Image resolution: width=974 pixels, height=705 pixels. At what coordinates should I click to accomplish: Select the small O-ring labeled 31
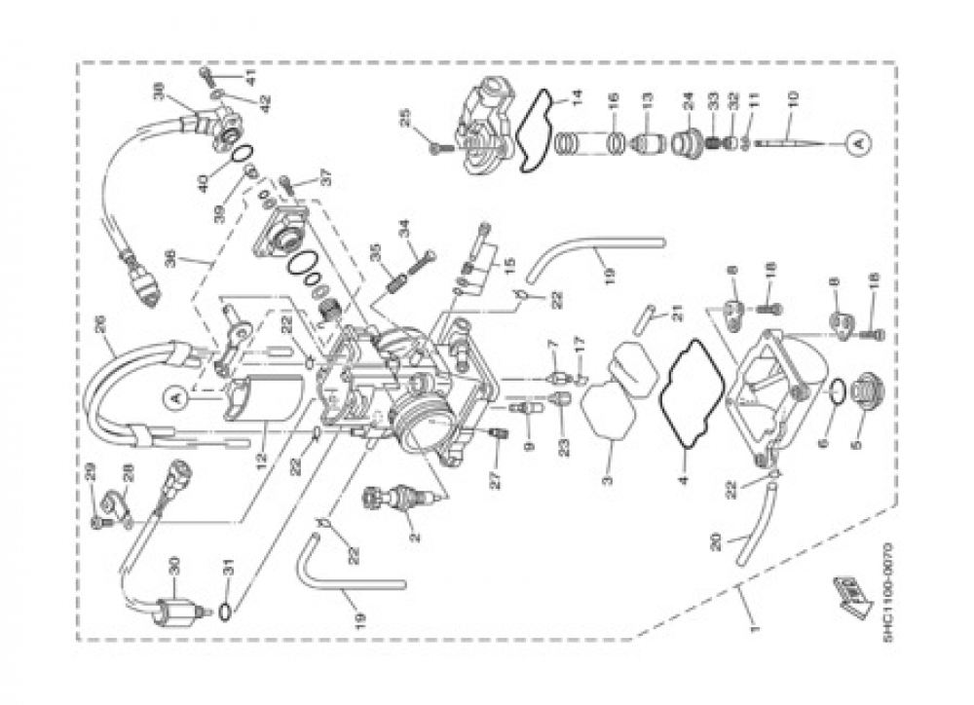click(226, 613)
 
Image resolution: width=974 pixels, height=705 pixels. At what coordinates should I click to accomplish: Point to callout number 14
click(576, 97)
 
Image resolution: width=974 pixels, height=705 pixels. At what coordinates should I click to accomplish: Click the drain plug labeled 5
click(865, 396)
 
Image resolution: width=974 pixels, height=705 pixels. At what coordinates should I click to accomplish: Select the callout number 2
click(413, 535)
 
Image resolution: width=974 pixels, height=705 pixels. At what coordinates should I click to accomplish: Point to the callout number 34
click(402, 229)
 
